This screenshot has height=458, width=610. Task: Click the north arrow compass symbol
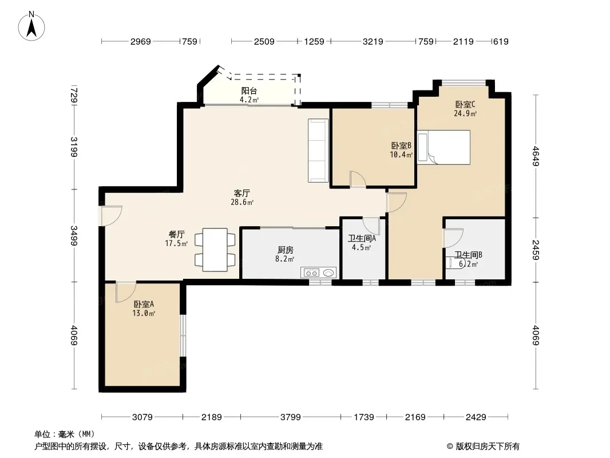click(31, 26)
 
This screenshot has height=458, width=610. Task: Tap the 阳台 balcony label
click(249, 91)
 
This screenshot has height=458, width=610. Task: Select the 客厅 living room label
click(241, 194)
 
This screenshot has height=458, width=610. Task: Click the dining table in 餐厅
click(215, 250)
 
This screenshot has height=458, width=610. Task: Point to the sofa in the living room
click(318, 151)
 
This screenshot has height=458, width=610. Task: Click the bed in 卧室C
click(443, 147)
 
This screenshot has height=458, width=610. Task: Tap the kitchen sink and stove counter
click(318, 273)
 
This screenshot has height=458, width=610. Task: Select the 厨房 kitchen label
click(286, 250)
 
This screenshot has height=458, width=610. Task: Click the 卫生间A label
click(362, 239)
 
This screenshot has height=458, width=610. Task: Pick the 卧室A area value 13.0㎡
click(144, 313)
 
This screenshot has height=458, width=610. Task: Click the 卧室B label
click(401, 145)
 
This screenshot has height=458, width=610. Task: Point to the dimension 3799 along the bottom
click(291, 417)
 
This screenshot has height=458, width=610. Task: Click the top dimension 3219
click(373, 41)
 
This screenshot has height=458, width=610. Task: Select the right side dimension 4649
click(536, 156)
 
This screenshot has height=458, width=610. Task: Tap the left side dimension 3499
click(74, 236)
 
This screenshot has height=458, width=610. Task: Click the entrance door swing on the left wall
click(112, 216)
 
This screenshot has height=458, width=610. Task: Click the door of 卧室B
click(358, 179)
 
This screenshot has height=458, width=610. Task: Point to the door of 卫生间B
click(454, 238)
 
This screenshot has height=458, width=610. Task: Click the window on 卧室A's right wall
click(183, 335)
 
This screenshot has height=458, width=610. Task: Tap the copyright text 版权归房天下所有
click(488, 447)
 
